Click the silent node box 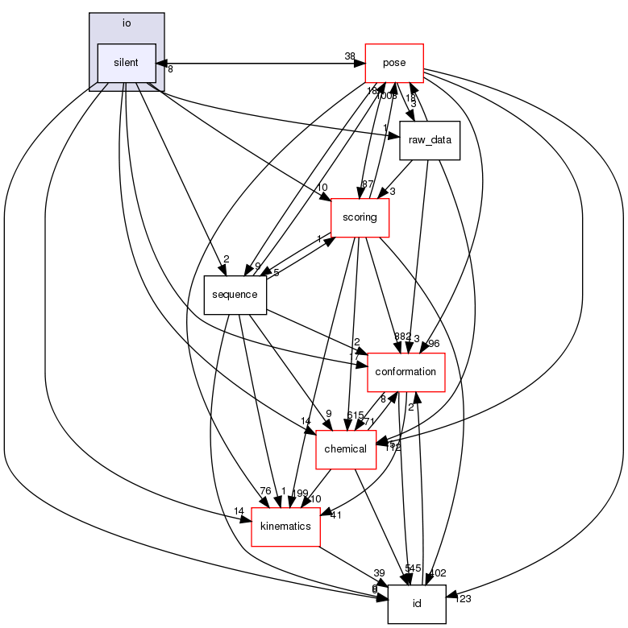click(127, 63)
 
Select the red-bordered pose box click(395, 63)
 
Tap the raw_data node click(430, 140)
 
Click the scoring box click(360, 217)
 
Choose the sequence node click(235, 295)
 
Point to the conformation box click(406, 372)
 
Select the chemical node click(346, 448)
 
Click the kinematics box click(286, 526)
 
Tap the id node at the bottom click(417, 603)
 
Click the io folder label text click(127, 23)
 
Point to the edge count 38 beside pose click(350, 56)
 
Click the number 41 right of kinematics click(335, 515)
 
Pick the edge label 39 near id click(379, 572)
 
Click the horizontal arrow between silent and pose click(258, 63)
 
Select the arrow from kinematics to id click(355, 564)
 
